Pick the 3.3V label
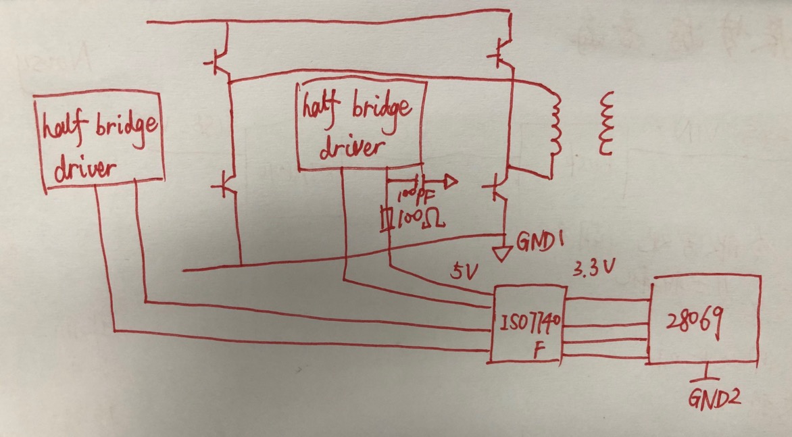(595, 269)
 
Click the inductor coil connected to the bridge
(555, 125)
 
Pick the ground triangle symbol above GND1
(503, 254)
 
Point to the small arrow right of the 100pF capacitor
(449, 182)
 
